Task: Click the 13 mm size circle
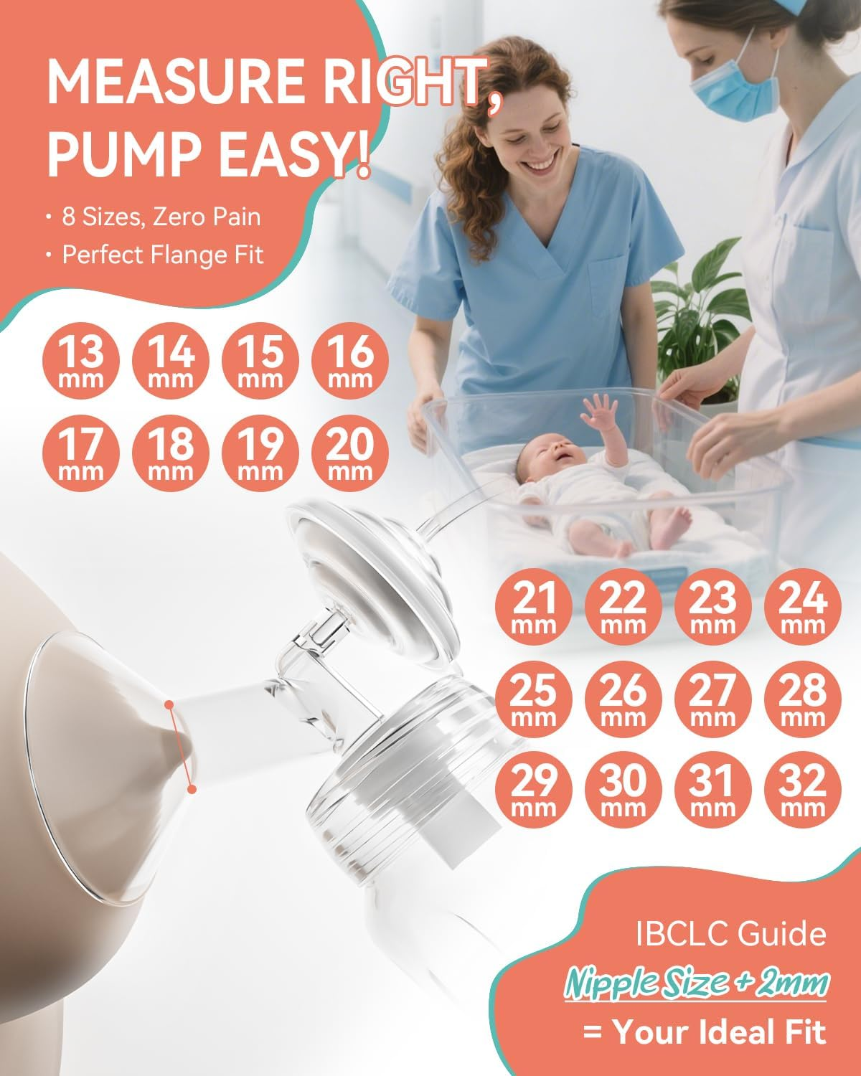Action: click(x=81, y=361)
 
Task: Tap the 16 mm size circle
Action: click(x=350, y=361)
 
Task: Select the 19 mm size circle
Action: click(x=260, y=453)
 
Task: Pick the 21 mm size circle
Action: click(x=534, y=607)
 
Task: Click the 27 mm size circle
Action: click(x=713, y=698)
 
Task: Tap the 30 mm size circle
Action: click(x=623, y=789)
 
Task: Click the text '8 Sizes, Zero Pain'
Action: click(x=161, y=217)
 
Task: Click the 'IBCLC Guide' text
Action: click(x=730, y=934)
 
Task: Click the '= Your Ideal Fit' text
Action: click(x=704, y=1032)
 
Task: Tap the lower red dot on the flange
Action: click(x=192, y=789)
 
